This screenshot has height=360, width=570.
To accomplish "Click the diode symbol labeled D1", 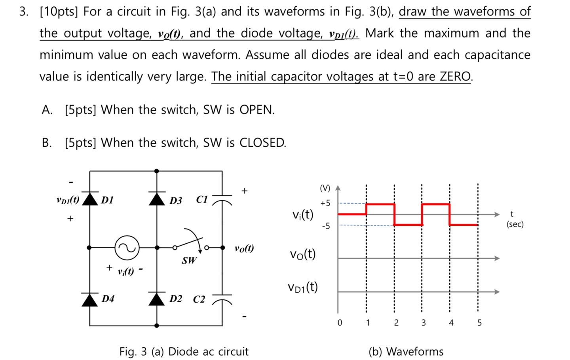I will point(90,199).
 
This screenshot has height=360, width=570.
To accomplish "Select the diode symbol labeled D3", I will point(157,199).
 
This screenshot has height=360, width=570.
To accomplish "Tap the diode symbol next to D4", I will point(90,299).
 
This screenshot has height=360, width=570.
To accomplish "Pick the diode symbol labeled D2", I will point(157,299).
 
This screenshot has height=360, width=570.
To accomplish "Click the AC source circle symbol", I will point(127,248).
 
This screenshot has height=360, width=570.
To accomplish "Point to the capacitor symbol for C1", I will point(222,199).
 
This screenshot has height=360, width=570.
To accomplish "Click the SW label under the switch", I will point(189,260).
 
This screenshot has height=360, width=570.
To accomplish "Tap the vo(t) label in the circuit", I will point(244,248).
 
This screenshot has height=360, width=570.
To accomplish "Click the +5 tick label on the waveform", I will point(325,203).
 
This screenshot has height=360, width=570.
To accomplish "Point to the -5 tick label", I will point(326,226).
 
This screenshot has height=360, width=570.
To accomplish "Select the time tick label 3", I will point(423,323).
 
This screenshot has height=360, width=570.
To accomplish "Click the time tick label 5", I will point(479,323).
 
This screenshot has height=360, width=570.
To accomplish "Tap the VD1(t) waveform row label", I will point(303,287).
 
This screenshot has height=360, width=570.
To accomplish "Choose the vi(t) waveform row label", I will point(303,215).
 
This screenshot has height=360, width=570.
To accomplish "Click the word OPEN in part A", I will point(256,110).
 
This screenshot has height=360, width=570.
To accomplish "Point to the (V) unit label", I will point(325,188).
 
